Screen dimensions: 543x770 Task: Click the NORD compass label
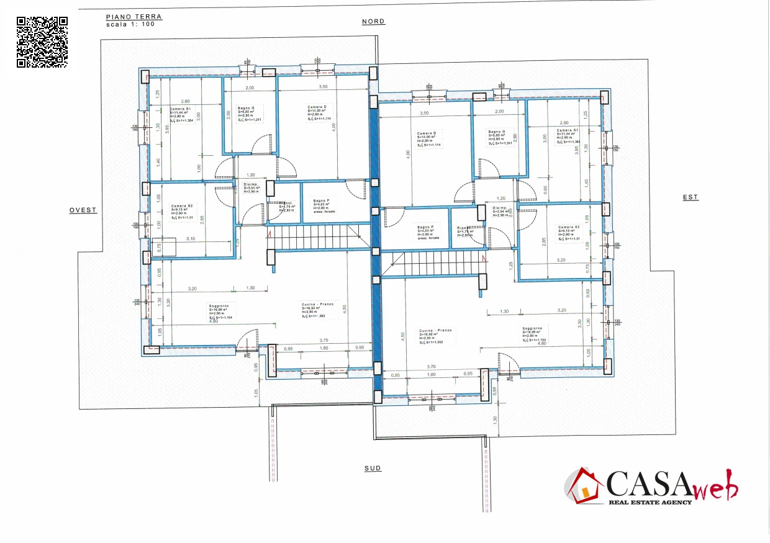coord(373,22)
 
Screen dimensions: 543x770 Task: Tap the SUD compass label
coord(373,469)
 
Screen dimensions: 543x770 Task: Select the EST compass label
coord(691,197)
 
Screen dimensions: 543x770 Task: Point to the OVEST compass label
coord(83,210)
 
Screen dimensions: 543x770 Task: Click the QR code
coord(42,42)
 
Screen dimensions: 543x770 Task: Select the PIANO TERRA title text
coord(134,17)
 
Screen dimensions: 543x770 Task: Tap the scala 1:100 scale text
coord(130,25)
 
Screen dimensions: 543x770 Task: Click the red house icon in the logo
coord(584,486)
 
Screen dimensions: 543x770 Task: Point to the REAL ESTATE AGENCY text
coord(650,502)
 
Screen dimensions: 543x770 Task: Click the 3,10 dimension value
coord(191,239)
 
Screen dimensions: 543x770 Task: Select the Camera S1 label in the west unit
coord(181,109)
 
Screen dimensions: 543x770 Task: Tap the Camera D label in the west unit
coord(316,107)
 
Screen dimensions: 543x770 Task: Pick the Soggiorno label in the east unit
coord(532,328)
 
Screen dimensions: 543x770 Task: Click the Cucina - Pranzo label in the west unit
coord(318,303)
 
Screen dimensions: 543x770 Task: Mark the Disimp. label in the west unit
coord(250,184)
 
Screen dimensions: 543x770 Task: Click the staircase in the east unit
coord(435,264)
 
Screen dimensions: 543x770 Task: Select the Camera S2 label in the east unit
coord(568,227)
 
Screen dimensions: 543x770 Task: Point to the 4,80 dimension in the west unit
coord(214,321)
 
